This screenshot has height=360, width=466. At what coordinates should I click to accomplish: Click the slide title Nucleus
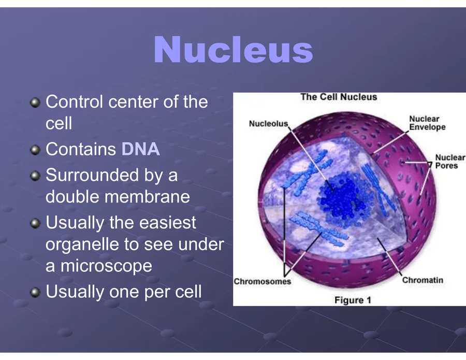click(234, 49)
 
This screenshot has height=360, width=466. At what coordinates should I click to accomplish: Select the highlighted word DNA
click(140, 149)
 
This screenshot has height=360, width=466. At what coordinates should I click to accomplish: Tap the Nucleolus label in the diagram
click(268, 124)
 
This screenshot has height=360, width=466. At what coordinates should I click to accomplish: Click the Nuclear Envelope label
click(427, 123)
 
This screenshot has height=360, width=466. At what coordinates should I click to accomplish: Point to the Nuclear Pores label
click(450, 162)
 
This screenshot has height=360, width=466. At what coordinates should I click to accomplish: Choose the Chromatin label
click(423, 280)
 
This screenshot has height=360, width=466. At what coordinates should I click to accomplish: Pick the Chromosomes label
click(262, 281)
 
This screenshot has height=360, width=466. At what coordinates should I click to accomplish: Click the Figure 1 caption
click(353, 300)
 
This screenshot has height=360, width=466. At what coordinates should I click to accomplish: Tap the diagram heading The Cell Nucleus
click(339, 97)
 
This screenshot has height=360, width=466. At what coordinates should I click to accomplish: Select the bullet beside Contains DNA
click(35, 150)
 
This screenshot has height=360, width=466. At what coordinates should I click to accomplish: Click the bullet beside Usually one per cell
click(35, 292)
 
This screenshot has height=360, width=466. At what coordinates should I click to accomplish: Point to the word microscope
click(106, 265)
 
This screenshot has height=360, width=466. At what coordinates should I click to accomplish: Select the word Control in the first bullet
click(75, 102)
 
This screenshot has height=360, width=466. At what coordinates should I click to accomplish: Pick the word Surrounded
click(92, 175)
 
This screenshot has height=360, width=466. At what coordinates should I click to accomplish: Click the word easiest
click(167, 222)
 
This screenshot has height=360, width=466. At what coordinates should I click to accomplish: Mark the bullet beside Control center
click(35, 103)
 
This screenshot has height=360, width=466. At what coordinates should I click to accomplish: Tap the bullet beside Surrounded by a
click(35, 176)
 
